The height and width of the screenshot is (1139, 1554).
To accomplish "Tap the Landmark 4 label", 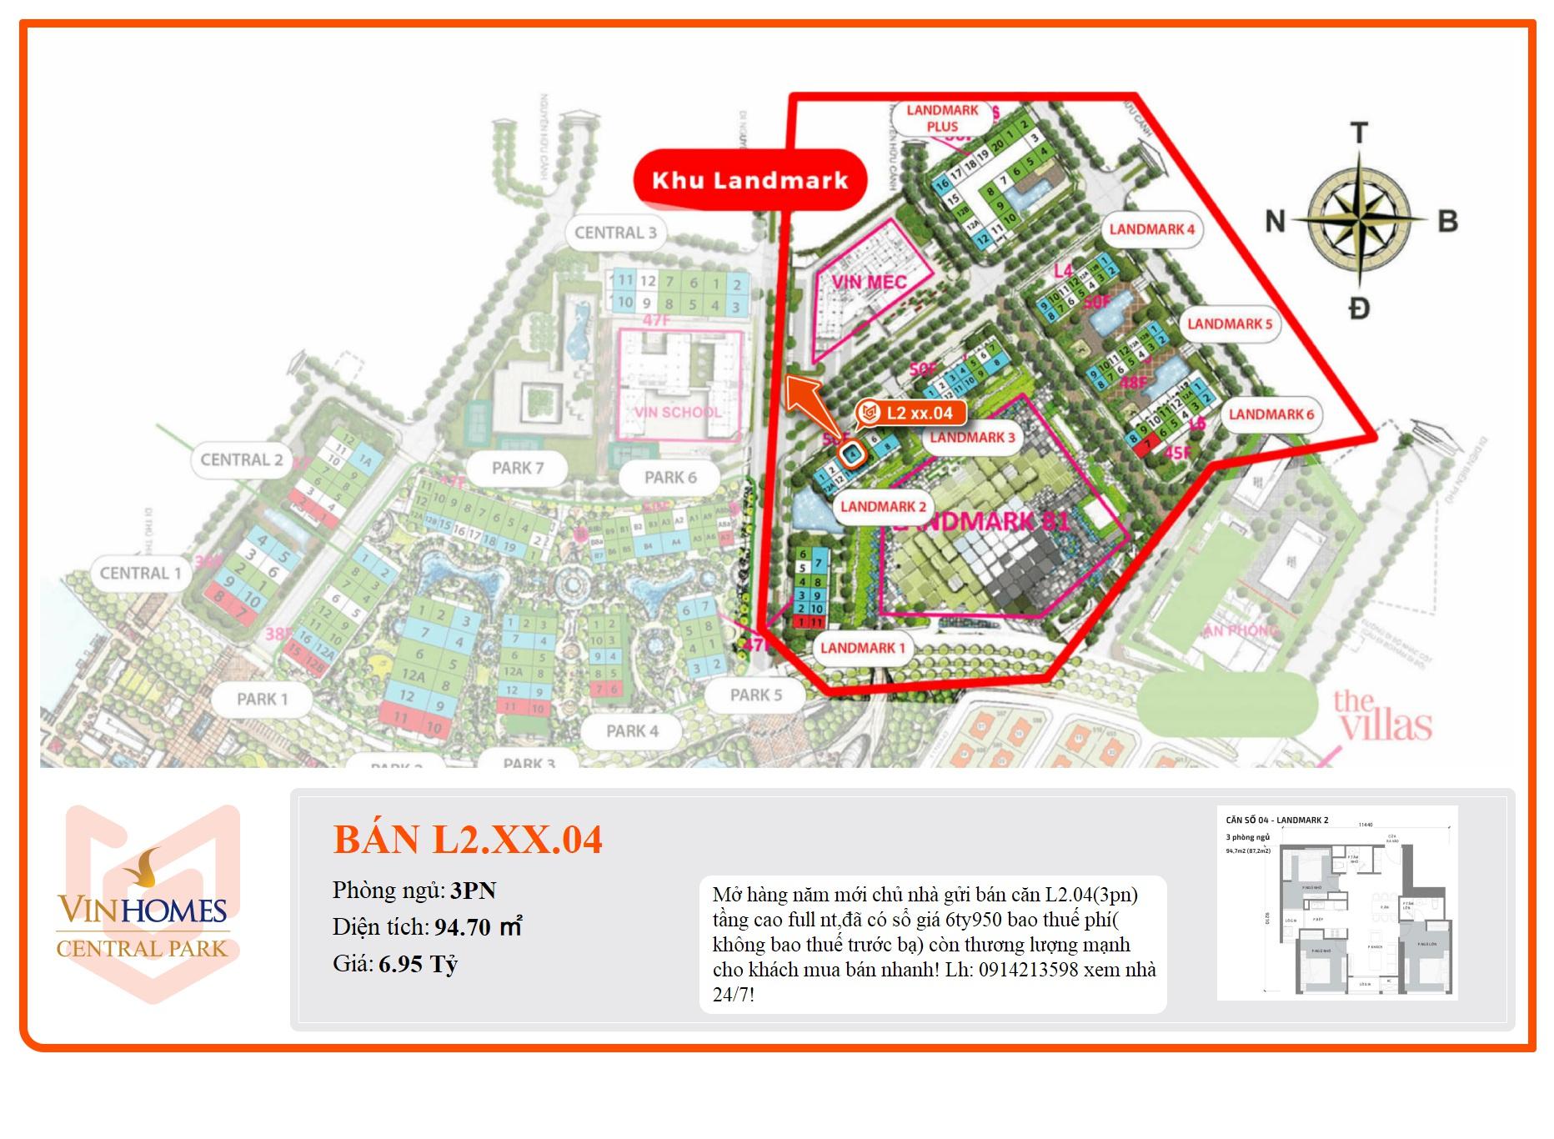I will coord(1151,229).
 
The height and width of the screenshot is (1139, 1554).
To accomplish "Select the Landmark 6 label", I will coord(1271,414).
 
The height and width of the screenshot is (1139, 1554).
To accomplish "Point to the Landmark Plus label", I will coord(942,118).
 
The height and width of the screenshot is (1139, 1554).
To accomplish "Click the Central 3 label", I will coord(615,233).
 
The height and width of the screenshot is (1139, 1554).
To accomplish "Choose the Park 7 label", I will coord(517,468).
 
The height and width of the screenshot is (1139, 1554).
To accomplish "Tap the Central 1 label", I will coord(140,574).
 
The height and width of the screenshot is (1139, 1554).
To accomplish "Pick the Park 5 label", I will coord(755,695).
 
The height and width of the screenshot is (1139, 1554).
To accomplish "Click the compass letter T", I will coord(1359,133).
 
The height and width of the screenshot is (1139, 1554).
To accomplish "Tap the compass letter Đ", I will coord(1359,309).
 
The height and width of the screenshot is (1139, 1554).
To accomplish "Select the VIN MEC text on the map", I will coord(869,282).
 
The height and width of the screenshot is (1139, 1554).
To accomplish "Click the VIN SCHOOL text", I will coord(677,412).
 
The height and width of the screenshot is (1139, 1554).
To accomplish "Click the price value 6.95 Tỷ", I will coord(419,965).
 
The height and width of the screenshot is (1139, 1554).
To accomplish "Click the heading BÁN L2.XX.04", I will coord(467,839).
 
